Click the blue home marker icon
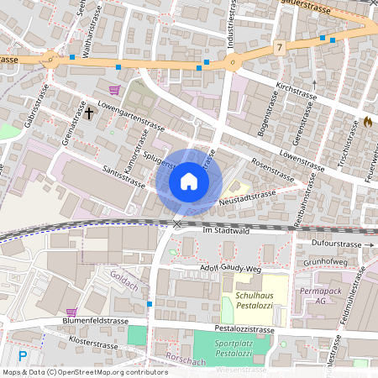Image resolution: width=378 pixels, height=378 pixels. pyautogui.click(x=189, y=181)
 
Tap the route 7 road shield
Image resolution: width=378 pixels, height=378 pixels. pyautogui.click(x=279, y=50)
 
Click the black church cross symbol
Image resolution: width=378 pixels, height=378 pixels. pyautogui.click(x=90, y=112)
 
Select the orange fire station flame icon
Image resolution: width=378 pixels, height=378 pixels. pyautogui.click(x=367, y=122)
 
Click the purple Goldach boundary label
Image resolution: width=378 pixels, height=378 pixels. pyautogui.click(x=123, y=277)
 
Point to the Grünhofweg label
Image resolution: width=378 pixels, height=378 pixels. pyautogui.click(x=325, y=261)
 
